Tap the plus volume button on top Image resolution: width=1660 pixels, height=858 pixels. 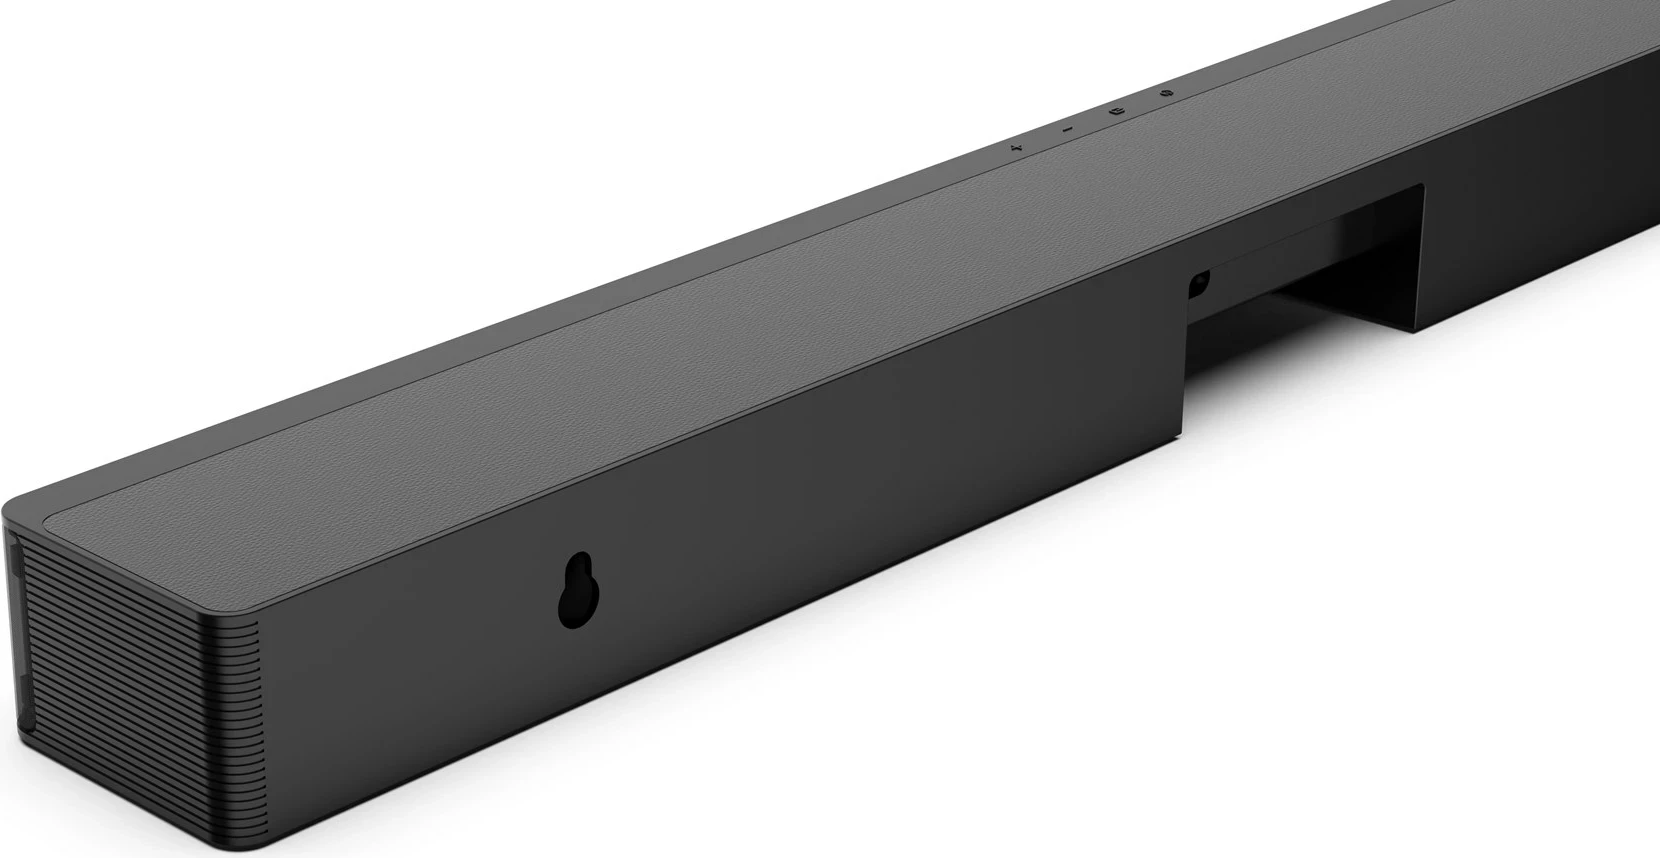pyautogui.click(x=1016, y=148)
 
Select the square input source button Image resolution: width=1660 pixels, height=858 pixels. pyautogui.click(x=1118, y=110)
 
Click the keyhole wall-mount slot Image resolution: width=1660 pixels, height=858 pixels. pyautogui.click(x=578, y=591)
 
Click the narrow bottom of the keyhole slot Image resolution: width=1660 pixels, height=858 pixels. pyautogui.click(x=578, y=612)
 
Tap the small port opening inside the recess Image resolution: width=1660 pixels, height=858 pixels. pyautogui.click(x=1198, y=284)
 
